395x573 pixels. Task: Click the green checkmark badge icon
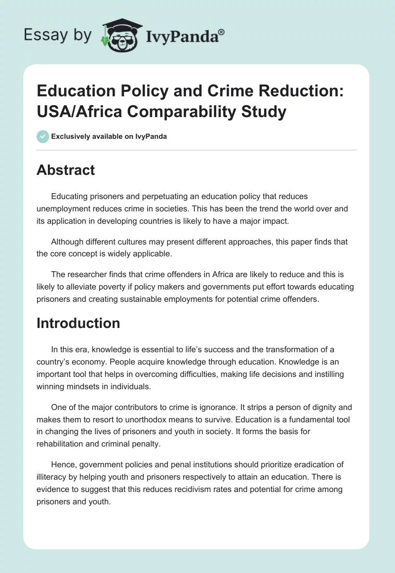[x=42, y=136]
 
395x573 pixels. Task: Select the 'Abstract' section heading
[x=66, y=170]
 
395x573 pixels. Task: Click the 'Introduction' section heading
[x=79, y=323]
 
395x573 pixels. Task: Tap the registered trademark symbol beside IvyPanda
[x=222, y=32]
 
